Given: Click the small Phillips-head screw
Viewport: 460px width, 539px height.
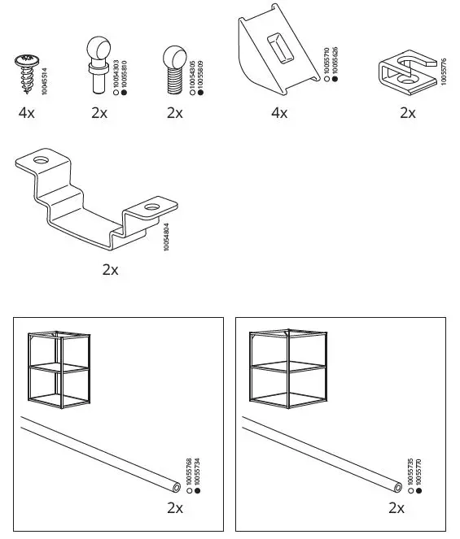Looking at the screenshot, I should point(25,67).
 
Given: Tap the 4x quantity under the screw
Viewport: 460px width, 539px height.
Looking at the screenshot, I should point(26,113).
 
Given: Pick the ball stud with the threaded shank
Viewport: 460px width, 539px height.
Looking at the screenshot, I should point(174,65).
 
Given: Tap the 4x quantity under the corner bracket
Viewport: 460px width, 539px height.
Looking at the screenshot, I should point(278,113).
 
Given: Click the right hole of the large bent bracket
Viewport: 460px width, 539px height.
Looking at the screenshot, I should point(151,209).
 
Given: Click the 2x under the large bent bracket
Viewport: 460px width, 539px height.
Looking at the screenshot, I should point(110,270).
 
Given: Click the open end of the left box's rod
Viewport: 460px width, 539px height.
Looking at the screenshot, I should point(177,488).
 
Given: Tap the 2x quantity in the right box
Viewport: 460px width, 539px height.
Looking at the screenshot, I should point(396,508).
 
